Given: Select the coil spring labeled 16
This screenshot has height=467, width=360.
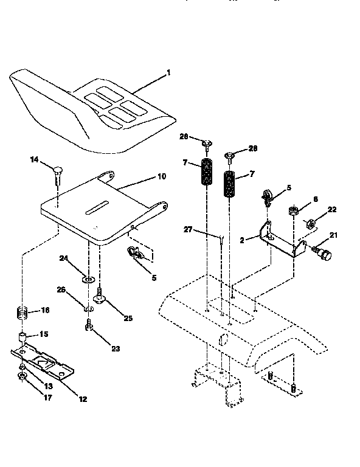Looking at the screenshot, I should (22, 315).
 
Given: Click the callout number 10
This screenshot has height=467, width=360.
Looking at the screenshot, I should (161, 176).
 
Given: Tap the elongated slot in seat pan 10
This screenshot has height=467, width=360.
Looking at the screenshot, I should (99, 209).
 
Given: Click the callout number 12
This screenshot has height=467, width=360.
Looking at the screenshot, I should (83, 399).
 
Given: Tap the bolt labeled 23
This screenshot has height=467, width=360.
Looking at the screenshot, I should (89, 328).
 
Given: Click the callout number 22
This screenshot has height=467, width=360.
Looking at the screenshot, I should (331, 210).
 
